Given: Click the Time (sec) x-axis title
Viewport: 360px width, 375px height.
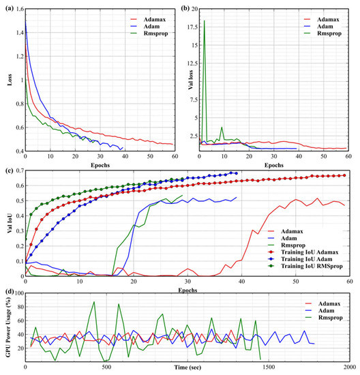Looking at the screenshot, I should (x=187, y=371).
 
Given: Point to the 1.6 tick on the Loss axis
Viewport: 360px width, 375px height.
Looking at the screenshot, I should (x=18, y=10).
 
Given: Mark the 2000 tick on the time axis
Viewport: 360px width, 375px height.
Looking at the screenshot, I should (x=348, y=365).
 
